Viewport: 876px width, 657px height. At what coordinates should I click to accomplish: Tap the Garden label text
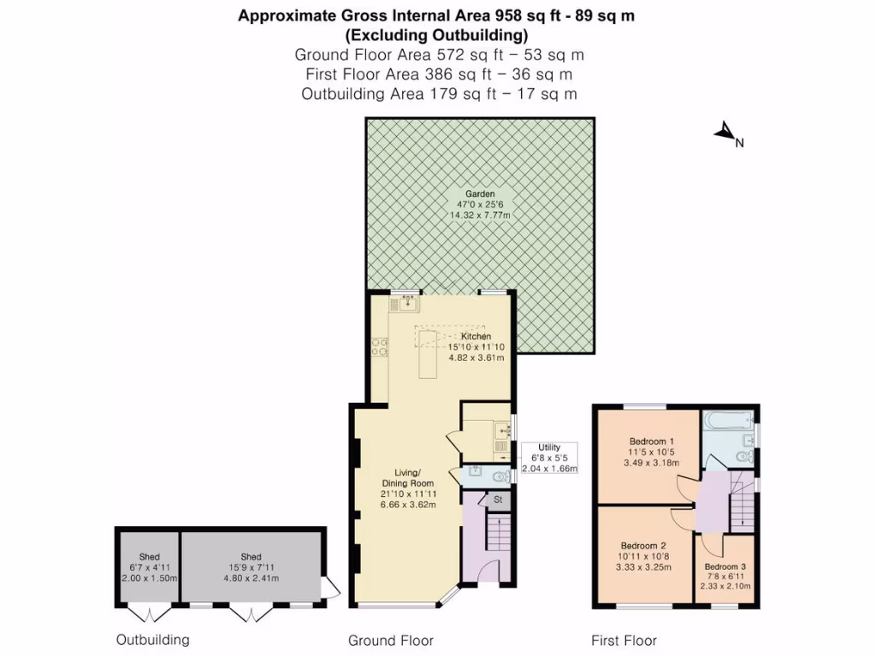tap(480, 194)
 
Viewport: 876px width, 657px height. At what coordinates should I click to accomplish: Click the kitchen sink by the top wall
tap(407, 300)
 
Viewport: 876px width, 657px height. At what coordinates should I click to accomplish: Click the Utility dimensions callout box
tap(548, 458)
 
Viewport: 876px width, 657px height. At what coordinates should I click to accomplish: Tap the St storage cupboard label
tap(497, 499)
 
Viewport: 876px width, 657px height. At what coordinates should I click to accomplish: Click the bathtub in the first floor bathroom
tap(727, 420)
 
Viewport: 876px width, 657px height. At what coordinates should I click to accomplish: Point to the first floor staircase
tap(742, 505)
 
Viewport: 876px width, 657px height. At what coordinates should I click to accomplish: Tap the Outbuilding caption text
tap(152, 640)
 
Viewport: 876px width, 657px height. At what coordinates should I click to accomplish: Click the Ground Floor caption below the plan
tap(390, 641)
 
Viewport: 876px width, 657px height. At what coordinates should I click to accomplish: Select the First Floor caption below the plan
tap(624, 641)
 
